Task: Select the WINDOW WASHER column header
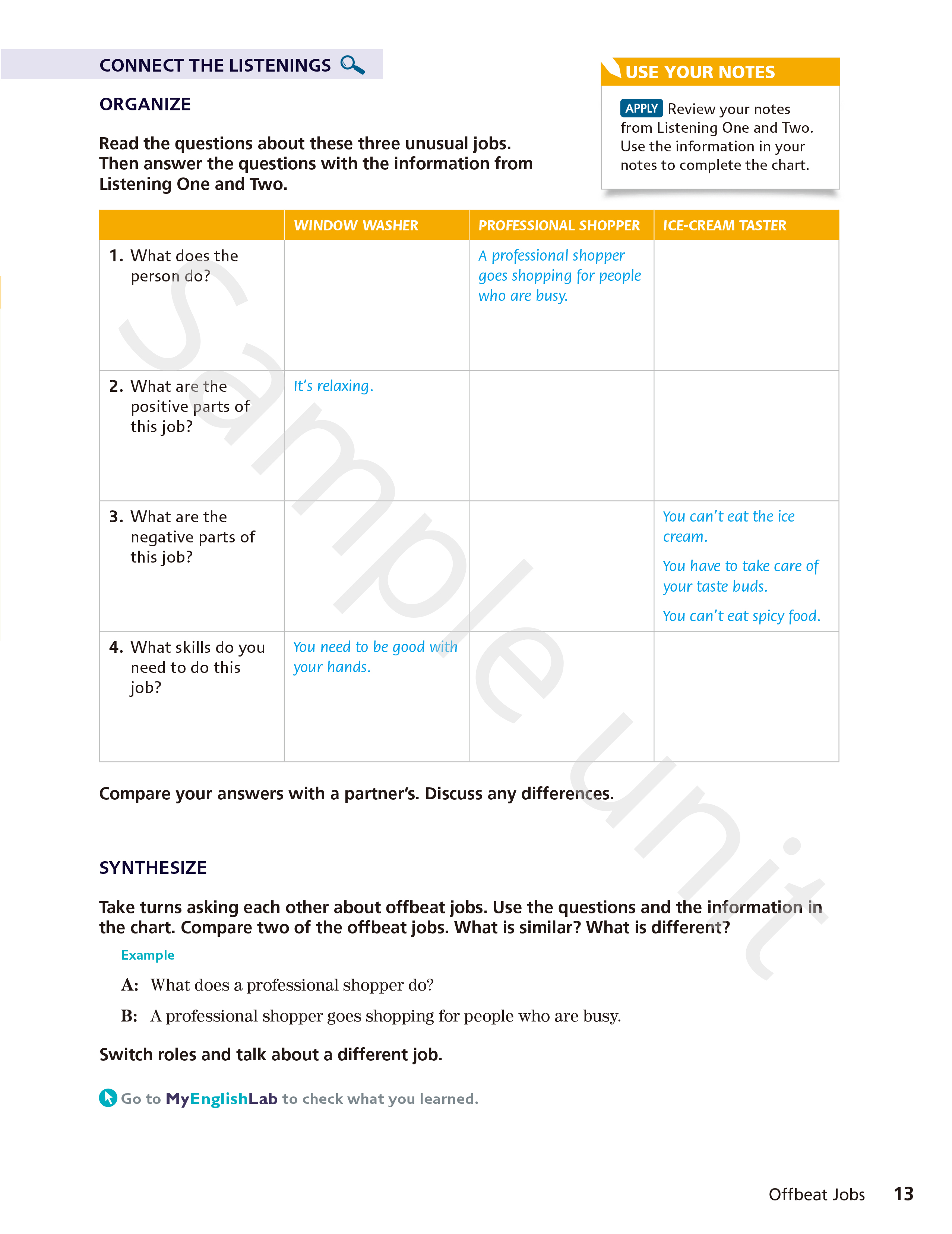click(x=356, y=226)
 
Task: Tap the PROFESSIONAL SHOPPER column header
click(x=559, y=226)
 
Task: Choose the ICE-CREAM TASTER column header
click(x=724, y=226)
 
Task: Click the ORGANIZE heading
click(x=145, y=104)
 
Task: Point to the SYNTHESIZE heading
click(x=153, y=867)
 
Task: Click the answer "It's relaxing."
click(x=333, y=386)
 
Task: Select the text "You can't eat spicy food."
click(x=741, y=616)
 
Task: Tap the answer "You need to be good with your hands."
click(x=375, y=657)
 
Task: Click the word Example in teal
click(x=148, y=955)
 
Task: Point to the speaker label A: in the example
click(x=129, y=985)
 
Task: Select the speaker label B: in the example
click(x=129, y=1016)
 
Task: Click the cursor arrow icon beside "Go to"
click(x=108, y=1098)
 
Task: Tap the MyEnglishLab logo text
click(x=221, y=1098)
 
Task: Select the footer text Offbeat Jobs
click(x=816, y=1194)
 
